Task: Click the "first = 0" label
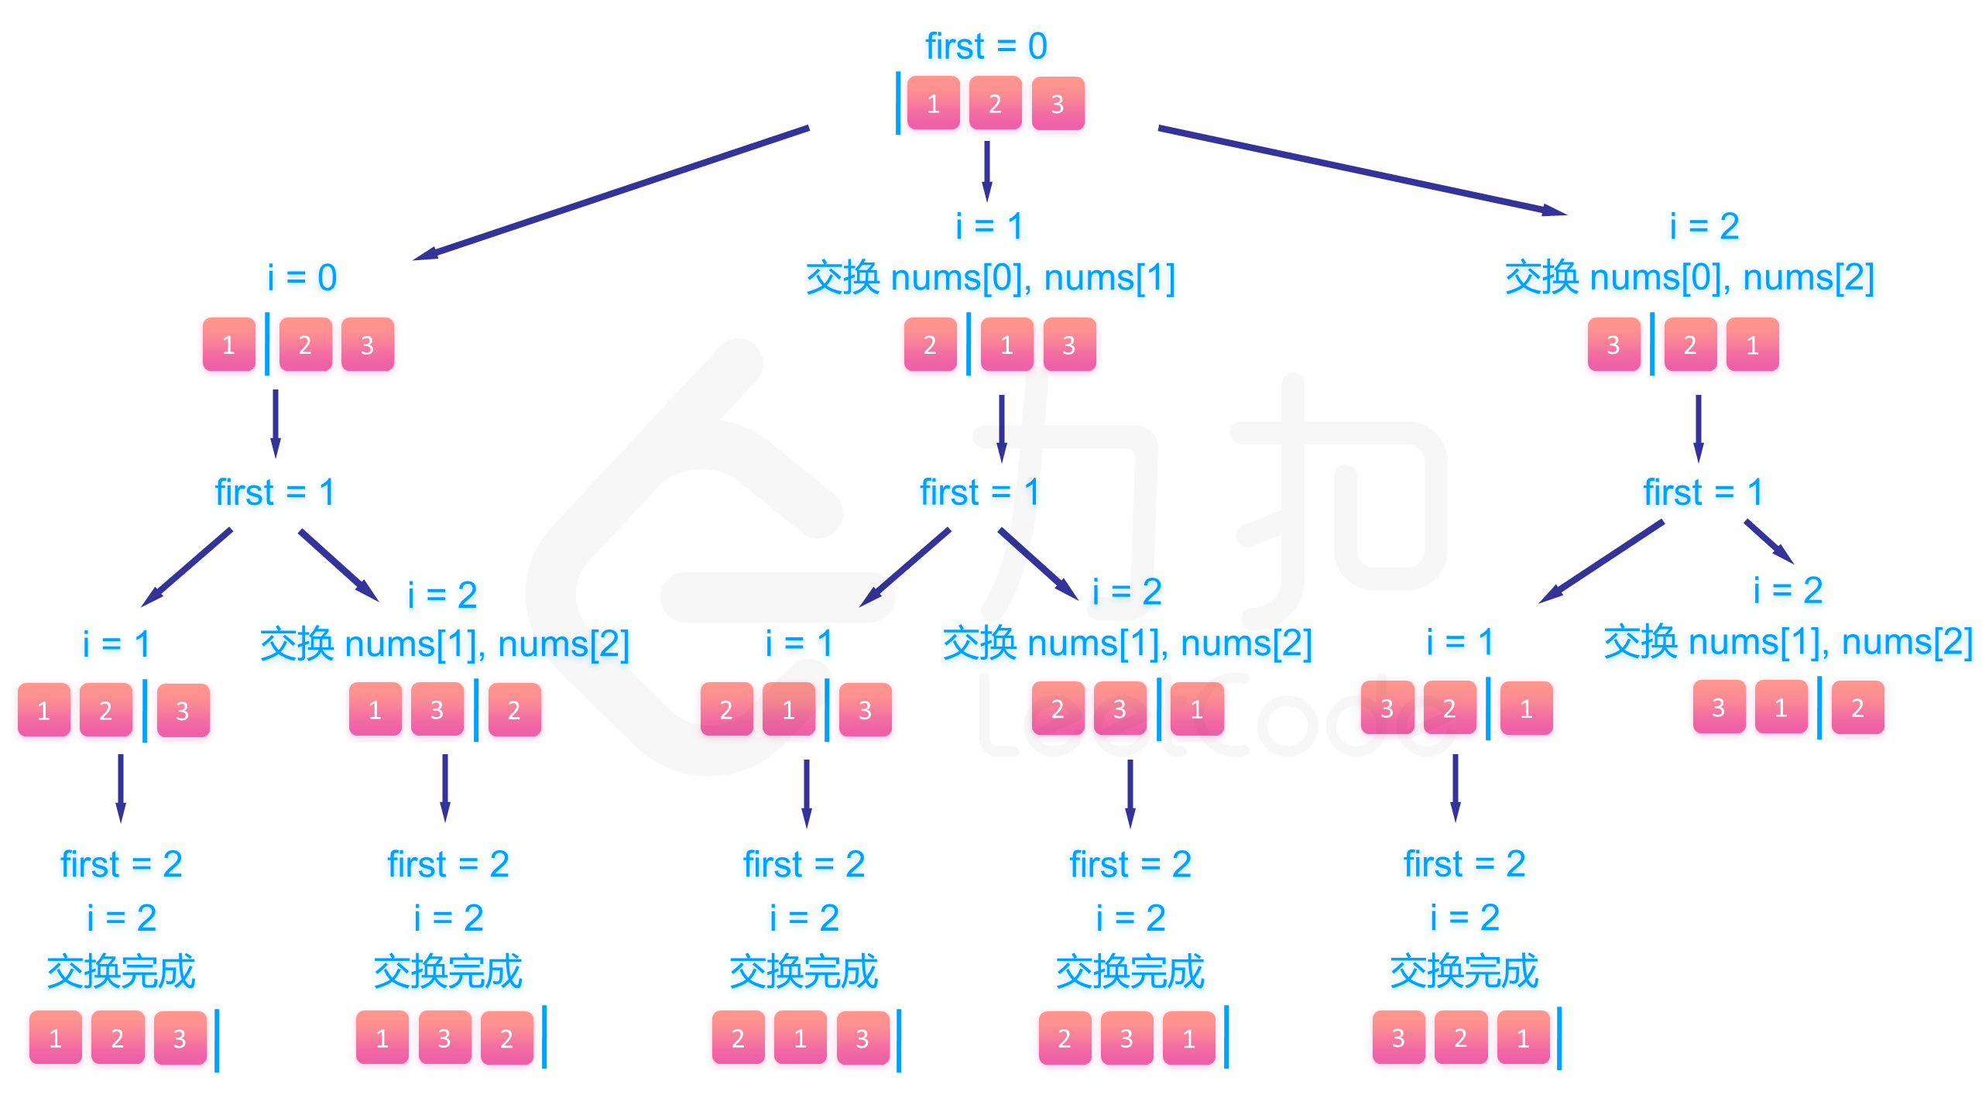(x=986, y=46)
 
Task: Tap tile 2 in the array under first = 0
(x=995, y=103)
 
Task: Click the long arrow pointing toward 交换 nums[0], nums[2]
(x=1363, y=171)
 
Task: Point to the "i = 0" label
(x=302, y=277)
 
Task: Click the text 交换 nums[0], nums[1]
(x=990, y=277)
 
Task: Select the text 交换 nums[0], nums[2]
(x=1689, y=277)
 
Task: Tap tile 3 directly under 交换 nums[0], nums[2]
(x=1613, y=345)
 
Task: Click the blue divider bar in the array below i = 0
(x=267, y=344)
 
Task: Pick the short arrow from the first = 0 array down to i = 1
(x=986, y=170)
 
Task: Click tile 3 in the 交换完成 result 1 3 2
(x=444, y=1038)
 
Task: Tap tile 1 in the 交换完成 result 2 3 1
(x=1188, y=1038)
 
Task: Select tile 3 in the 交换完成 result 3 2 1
(x=1398, y=1038)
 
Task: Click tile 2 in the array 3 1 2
(x=1857, y=708)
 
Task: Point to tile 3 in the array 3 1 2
(x=1719, y=708)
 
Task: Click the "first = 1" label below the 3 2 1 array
(x=1703, y=492)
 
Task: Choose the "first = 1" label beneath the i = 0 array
(x=274, y=492)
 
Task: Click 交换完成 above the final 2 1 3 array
(x=804, y=972)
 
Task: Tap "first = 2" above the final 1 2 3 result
(x=122, y=864)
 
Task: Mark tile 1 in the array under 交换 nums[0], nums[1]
(x=1006, y=345)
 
